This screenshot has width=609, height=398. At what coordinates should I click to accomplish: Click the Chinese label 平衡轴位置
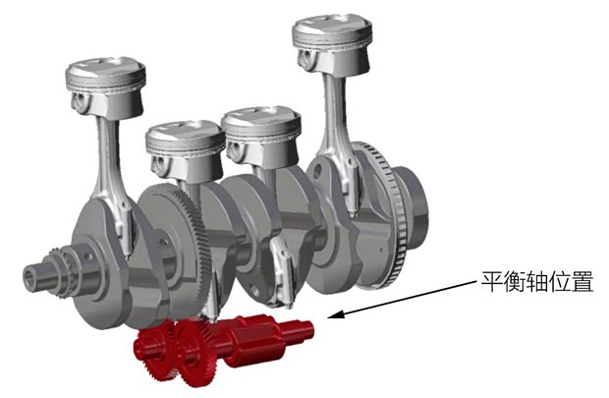click(x=537, y=281)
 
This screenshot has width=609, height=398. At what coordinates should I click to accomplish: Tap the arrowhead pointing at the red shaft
click(x=336, y=314)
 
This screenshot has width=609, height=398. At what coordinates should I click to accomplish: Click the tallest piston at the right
click(x=332, y=44)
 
